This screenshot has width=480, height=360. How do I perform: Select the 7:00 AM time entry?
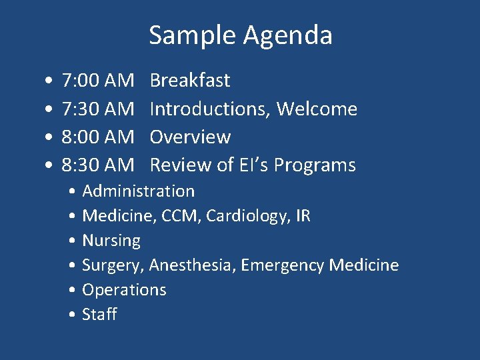coord(97,81)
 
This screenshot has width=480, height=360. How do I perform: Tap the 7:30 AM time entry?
coord(97,109)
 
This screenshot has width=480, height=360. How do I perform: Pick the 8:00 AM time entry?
coord(97,137)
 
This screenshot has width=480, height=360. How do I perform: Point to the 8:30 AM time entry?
coord(97,165)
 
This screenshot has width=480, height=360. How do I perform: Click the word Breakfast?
coord(190,81)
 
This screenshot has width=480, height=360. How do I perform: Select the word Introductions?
coord(209,109)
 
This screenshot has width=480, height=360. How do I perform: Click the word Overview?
coord(190,137)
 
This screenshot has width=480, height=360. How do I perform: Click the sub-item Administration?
coord(138,191)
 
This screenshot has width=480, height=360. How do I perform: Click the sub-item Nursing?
coord(111,241)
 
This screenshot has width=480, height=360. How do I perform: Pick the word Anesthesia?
coord(192,265)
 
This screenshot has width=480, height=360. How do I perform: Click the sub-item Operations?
coord(124,290)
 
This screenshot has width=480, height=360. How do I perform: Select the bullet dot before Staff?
coord(71,315)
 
